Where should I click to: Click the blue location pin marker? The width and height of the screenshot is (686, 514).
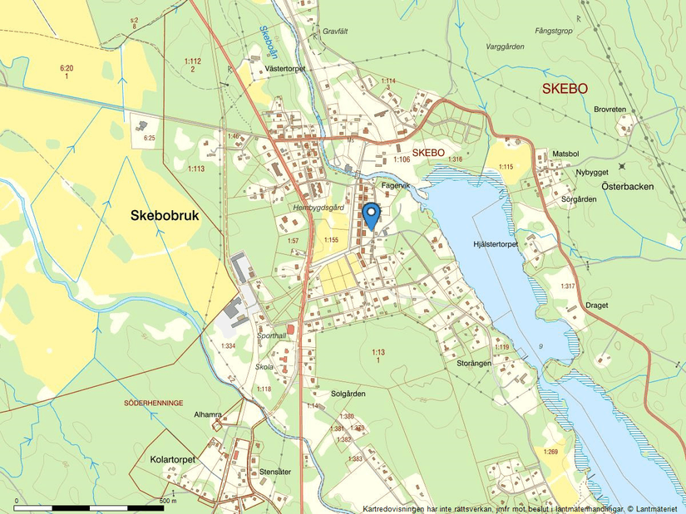[372, 215]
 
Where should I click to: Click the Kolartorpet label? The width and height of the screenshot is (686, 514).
[172, 459]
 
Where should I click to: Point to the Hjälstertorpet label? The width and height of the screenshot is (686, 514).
[495, 244]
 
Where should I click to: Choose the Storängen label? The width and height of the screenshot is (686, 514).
[474, 363]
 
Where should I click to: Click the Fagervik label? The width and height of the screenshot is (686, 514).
[398, 188]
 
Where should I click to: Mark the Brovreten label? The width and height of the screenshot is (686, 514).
[610, 109]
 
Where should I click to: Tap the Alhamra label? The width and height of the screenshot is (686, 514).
[208, 414]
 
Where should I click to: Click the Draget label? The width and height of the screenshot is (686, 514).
[596, 305]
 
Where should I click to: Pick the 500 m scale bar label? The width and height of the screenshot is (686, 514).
[168, 501]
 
